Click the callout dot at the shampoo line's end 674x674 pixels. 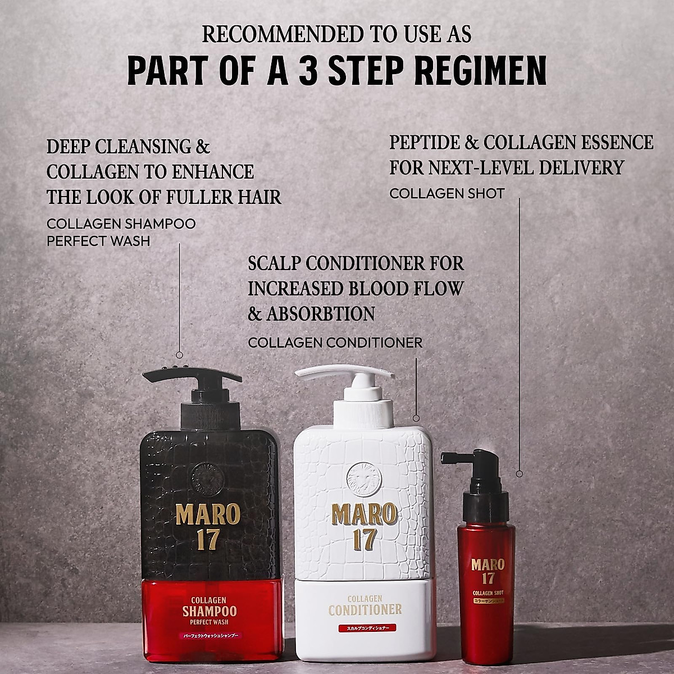click(x=179, y=354)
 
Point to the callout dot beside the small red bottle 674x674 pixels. click(x=519, y=473)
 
